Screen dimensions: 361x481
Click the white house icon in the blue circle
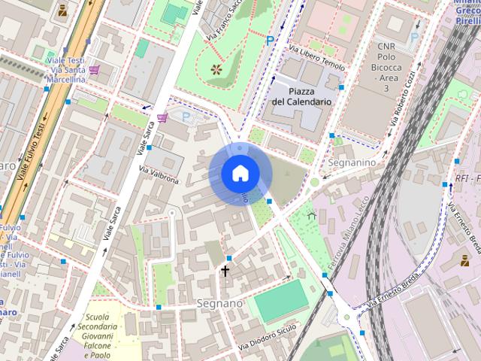239,174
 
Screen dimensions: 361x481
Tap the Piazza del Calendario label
301,96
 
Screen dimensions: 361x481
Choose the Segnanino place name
352,162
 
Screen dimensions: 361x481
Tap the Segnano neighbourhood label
219,303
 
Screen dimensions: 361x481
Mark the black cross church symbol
224,270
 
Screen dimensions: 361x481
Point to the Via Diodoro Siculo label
268,337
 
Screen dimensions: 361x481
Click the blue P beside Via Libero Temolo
270,41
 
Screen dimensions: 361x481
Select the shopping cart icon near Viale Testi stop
94,70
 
